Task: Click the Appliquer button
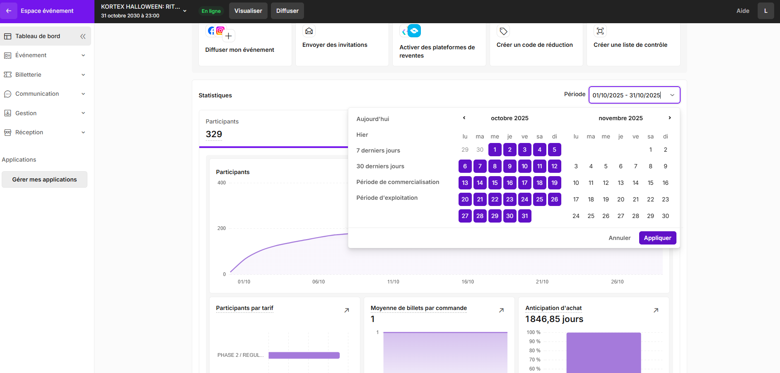657,238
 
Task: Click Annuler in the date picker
619,238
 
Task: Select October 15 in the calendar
495,183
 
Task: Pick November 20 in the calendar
621,199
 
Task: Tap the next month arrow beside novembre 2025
669,118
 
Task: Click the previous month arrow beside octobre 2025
464,118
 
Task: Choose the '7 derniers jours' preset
378,150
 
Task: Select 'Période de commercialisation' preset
398,182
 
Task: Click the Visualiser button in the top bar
248,11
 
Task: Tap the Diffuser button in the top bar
287,11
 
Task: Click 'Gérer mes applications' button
44,179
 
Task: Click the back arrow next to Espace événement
9,11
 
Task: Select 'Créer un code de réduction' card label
534,45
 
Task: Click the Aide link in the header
743,11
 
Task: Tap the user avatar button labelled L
766,11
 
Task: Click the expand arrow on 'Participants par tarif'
347,310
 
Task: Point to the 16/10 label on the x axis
468,282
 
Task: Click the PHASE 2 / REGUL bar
304,355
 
